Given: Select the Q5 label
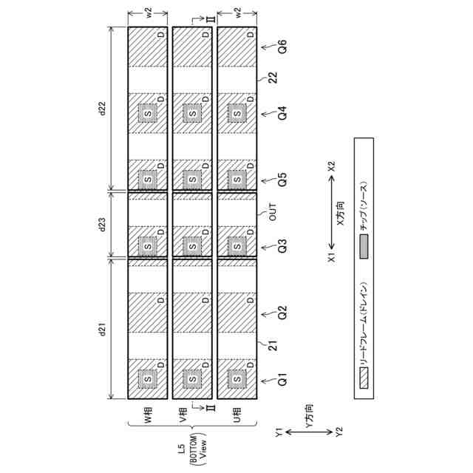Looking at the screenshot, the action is click(282, 179).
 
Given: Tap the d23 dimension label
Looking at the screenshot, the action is click(103, 225).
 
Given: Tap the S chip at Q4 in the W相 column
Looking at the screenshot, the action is click(148, 113).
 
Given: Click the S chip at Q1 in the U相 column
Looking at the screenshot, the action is click(237, 379).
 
